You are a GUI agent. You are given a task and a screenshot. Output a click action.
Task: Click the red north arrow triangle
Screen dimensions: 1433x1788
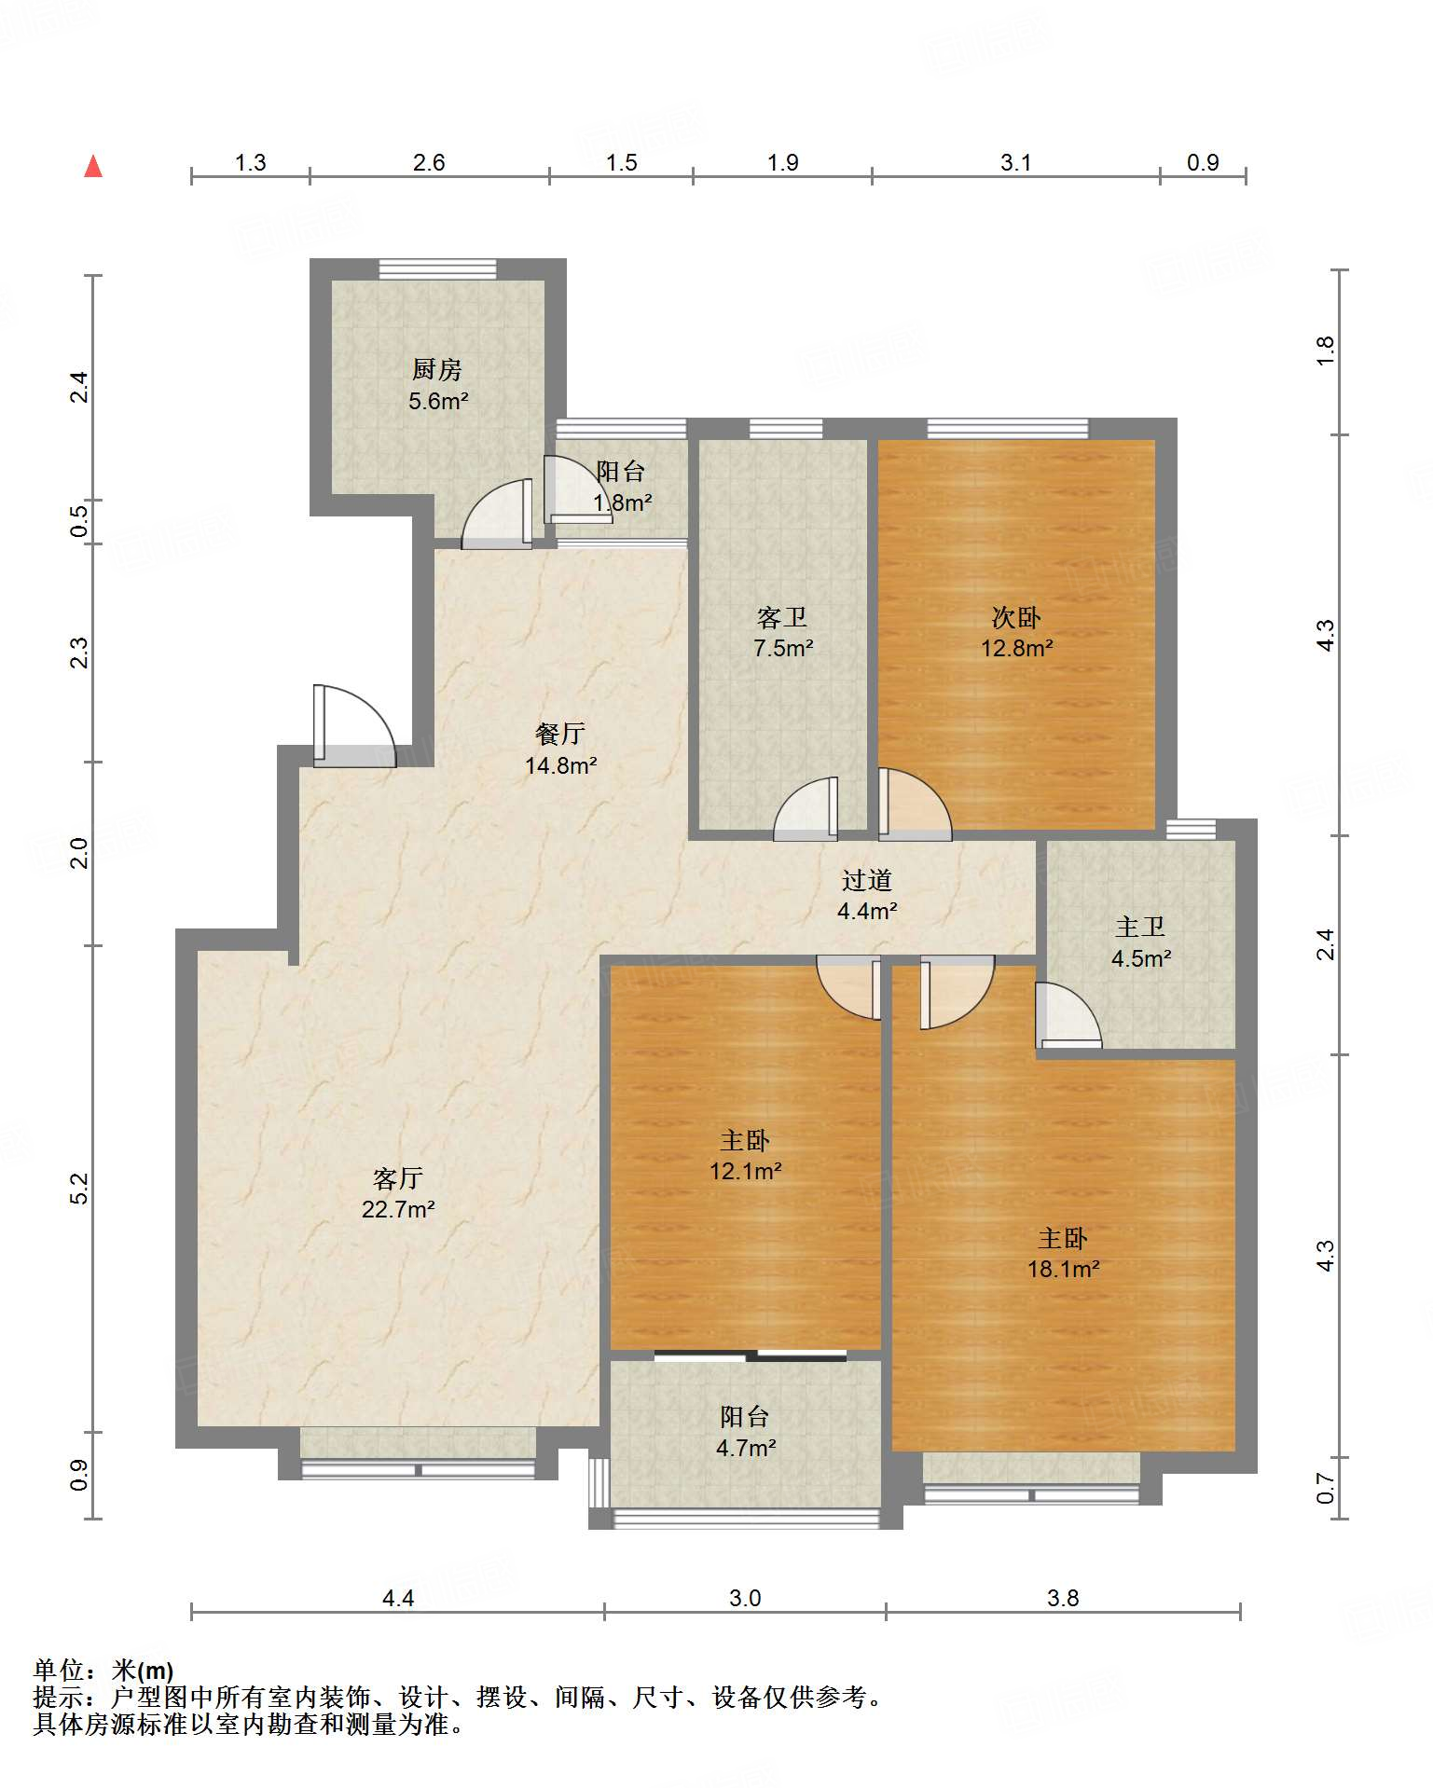(93, 166)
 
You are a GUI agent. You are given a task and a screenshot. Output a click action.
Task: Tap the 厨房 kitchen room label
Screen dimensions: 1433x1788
(436, 370)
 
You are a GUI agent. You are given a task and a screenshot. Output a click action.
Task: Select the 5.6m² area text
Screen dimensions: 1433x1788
(438, 402)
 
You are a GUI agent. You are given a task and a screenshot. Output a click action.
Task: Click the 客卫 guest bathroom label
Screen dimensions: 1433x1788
(782, 617)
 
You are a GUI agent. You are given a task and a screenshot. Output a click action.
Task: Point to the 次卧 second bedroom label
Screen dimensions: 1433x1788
(1016, 617)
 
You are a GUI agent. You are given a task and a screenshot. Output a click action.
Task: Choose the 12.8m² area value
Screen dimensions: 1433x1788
(1017, 648)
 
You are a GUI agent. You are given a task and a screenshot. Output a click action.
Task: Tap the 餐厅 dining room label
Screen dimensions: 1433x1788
(560, 734)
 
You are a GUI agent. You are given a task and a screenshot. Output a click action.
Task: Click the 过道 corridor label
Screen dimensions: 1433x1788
(867, 880)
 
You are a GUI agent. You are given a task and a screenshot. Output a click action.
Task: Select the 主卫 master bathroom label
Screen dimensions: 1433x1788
(1140, 927)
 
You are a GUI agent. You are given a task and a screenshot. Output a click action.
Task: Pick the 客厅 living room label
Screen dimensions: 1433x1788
(398, 1178)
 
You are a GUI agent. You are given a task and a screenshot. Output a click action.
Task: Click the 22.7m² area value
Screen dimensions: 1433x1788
(398, 1210)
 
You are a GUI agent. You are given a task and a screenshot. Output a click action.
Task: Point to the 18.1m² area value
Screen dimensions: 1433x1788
(1064, 1269)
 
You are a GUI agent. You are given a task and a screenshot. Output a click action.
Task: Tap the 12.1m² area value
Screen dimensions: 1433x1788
(745, 1171)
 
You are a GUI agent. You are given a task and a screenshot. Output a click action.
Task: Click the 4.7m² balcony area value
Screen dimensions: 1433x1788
(746, 1448)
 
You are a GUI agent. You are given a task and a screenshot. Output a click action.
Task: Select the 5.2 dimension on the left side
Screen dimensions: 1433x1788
(79, 1188)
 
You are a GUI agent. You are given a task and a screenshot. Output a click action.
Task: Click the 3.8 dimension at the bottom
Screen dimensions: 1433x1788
(1063, 1598)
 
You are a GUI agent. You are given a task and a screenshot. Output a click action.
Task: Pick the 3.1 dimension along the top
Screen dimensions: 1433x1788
(1016, 162)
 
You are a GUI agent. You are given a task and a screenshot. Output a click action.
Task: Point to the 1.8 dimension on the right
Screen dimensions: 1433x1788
(1325, 351)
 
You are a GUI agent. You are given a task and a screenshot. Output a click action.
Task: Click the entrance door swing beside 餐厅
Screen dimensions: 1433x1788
(354, 727)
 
